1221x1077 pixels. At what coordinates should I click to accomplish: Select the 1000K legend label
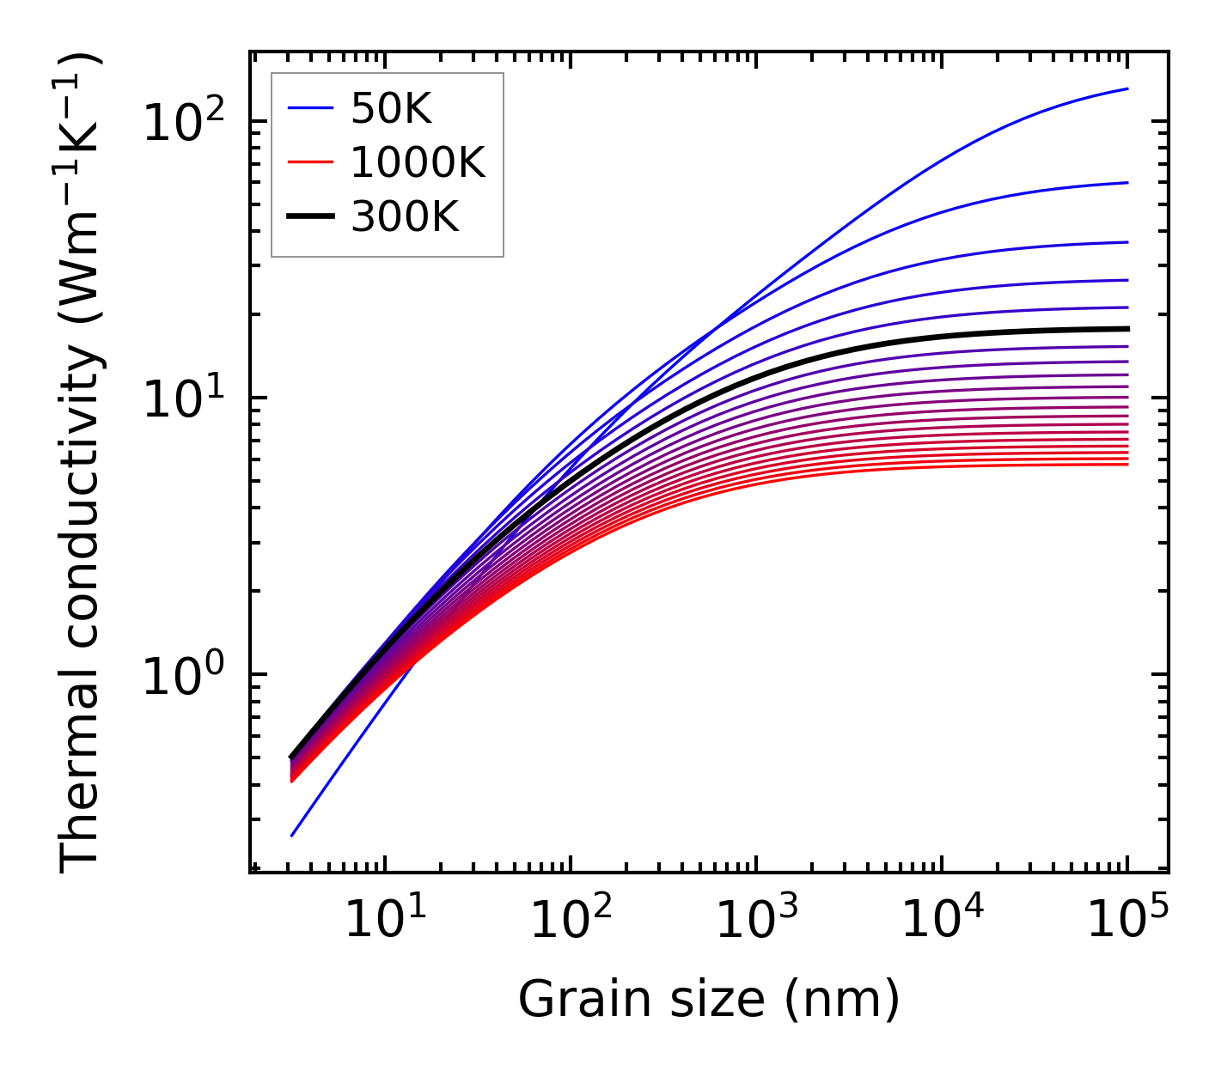418,162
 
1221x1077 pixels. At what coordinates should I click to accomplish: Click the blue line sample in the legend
309,108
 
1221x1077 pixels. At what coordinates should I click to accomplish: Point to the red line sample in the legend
309,162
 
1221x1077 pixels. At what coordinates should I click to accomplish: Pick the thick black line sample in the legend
309,217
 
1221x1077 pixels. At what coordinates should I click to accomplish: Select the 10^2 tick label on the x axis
571,922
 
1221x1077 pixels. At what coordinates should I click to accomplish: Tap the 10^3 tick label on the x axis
756,922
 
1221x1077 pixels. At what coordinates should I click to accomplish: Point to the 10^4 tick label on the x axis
942,922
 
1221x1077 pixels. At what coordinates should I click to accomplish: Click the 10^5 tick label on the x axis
1127,922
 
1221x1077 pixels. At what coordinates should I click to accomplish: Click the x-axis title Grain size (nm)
709,1000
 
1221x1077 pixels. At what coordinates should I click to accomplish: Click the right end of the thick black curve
1126,329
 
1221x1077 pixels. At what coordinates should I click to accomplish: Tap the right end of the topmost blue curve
1126,88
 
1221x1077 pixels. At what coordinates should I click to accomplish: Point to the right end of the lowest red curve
1126,465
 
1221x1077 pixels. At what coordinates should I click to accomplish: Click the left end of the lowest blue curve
292,835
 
